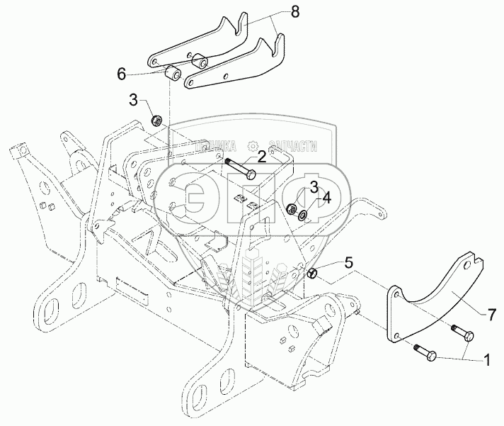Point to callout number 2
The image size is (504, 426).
click(x=262, y=155)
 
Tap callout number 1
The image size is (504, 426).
click(x=486, y=359)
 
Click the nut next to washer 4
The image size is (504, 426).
click(x=290, y=210)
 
